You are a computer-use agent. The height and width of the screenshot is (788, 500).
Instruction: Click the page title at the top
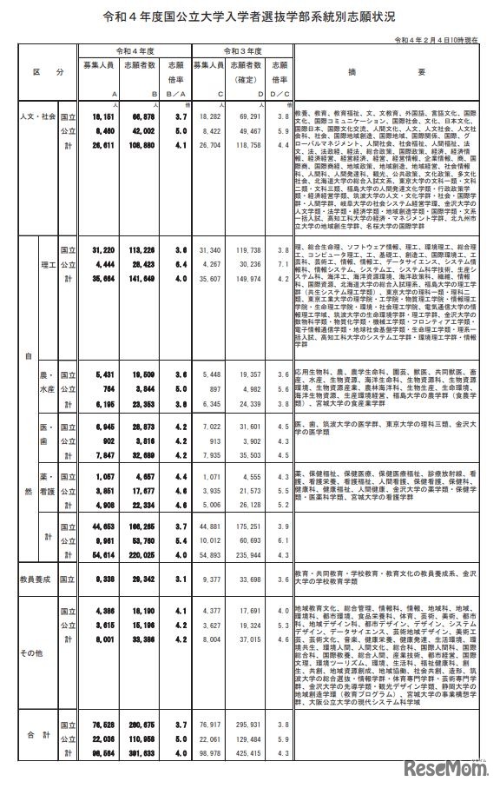(250, 17)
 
